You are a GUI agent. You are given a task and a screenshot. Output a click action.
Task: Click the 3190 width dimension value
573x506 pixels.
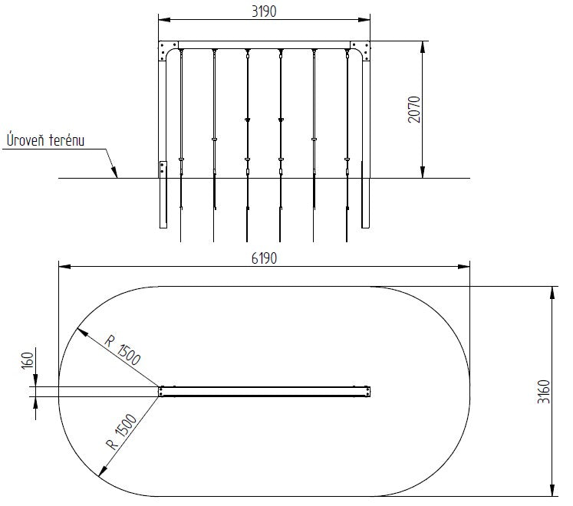pos(264,11)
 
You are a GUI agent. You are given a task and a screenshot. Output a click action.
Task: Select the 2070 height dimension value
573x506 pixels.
pos(414,109)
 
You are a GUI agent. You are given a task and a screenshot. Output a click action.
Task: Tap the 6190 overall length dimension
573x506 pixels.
pos(264,258)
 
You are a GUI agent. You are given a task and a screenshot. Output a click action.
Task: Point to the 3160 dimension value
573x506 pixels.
pos(544,391)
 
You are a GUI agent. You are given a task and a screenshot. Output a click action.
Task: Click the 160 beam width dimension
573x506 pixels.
pos(28,360)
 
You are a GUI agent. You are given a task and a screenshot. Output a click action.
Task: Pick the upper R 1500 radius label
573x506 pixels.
pos(123,350)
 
